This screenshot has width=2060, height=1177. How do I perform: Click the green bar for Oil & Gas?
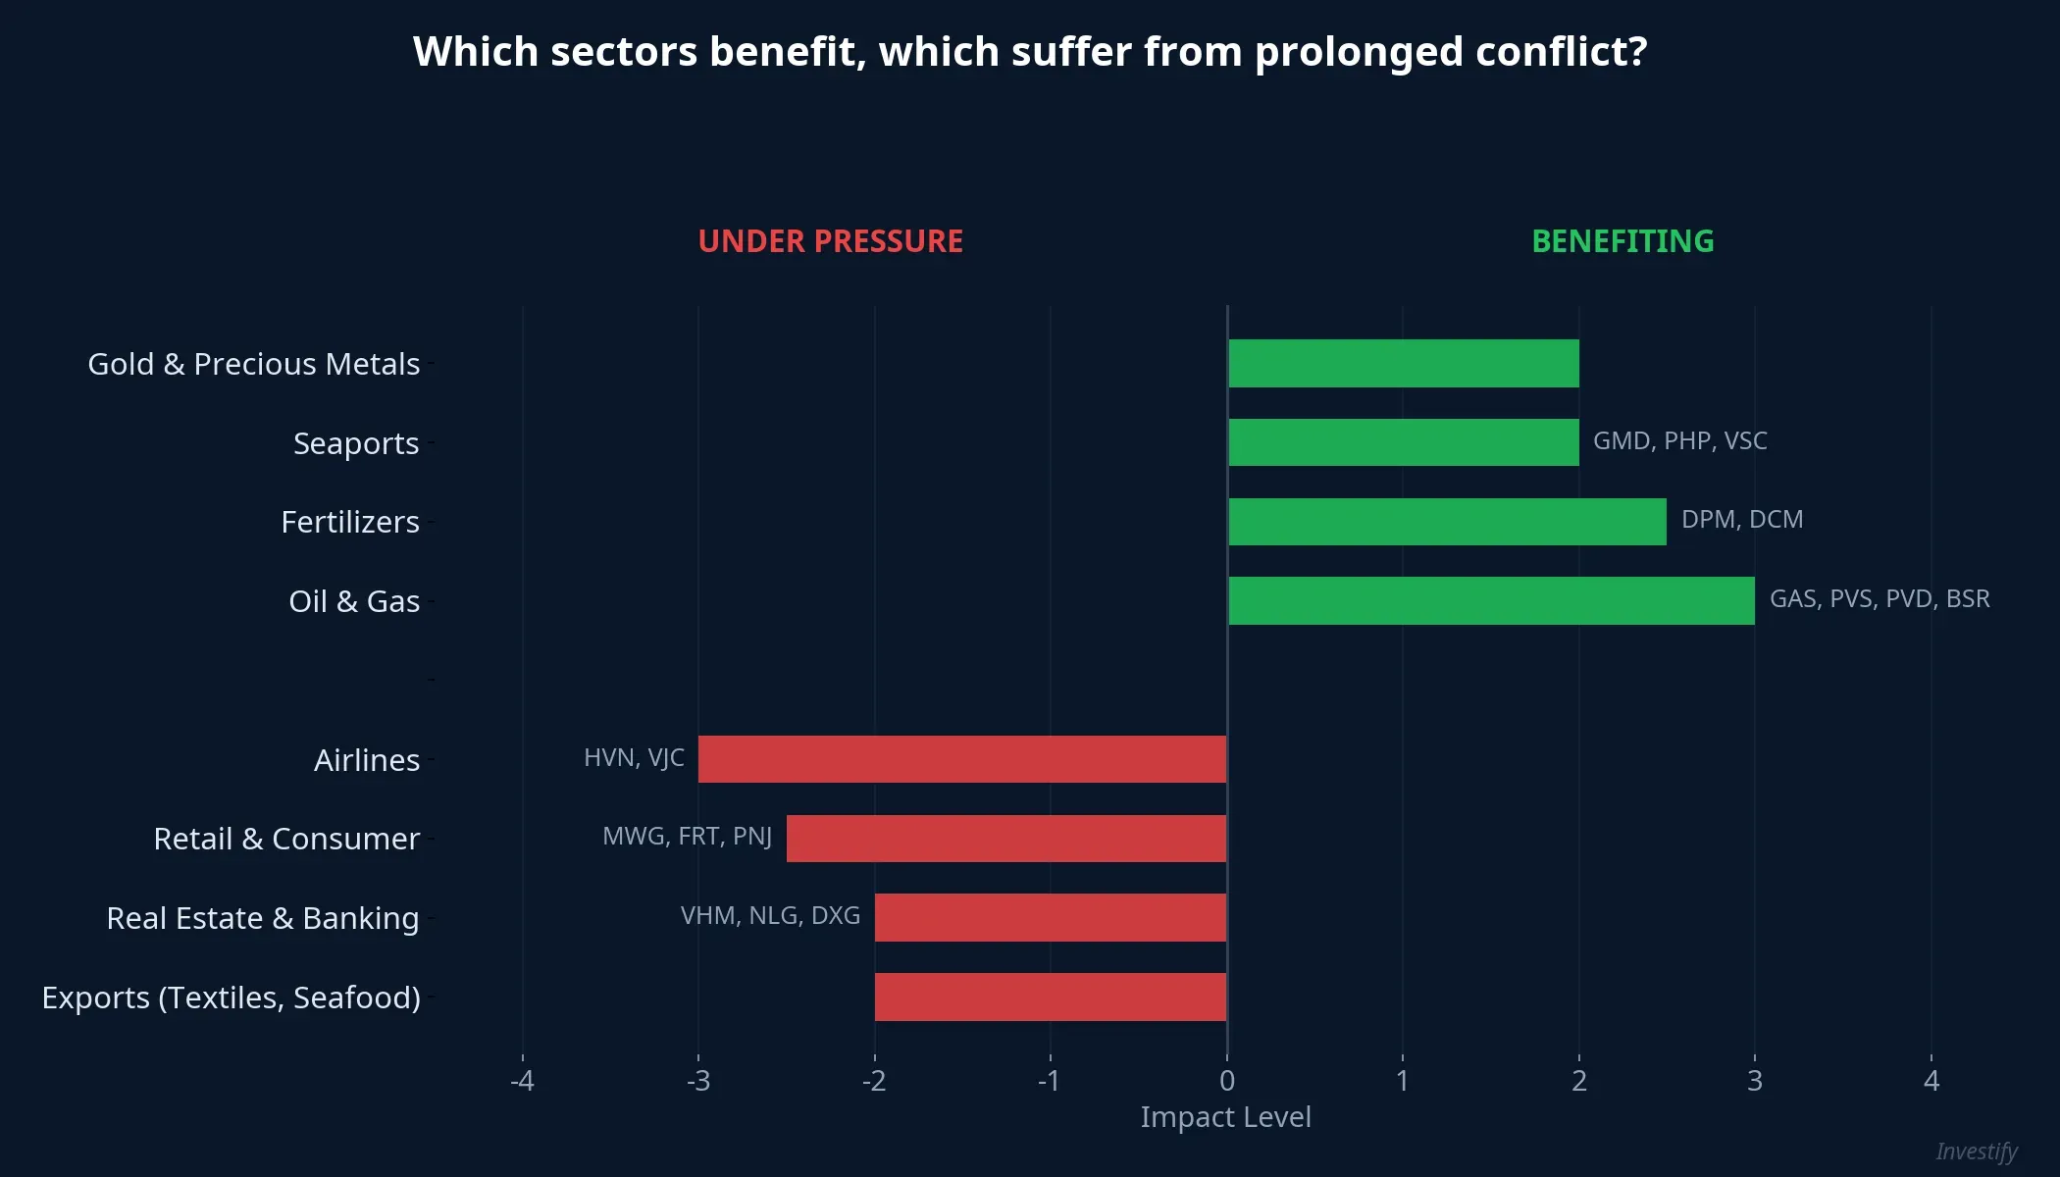(1491, 600)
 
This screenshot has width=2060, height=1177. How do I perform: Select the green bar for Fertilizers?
(1447, 522)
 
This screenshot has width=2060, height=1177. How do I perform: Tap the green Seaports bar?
(1403, 442)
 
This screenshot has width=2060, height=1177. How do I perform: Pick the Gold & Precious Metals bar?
(1403, 364)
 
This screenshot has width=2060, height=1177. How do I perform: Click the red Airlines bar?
(961, 759)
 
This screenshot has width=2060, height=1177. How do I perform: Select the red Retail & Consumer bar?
(1005, 839)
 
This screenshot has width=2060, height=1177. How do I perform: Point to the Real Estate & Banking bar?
(1050, 918)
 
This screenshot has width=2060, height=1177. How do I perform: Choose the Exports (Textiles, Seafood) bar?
(1050, 997)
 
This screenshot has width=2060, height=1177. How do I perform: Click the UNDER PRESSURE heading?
(830, 241)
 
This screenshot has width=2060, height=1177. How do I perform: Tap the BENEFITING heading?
(1622, 241)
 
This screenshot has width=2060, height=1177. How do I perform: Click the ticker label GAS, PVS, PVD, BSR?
(1879, 599)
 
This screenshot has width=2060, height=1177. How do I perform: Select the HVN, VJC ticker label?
(634, 758)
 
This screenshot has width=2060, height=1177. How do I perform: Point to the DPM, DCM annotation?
(1741, 520)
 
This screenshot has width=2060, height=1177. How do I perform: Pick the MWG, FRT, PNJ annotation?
(687, 837)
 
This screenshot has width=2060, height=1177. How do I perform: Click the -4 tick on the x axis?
(522, 1081)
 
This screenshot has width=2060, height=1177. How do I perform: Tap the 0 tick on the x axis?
(1226, 1081)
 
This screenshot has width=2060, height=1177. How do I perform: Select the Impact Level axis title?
(1225, 1117)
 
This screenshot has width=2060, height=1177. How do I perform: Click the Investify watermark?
(1976, 1151)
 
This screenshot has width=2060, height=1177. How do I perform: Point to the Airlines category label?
(366, 760)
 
